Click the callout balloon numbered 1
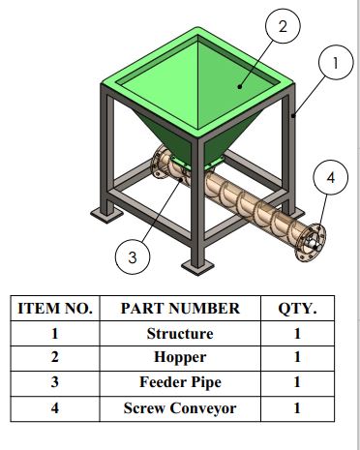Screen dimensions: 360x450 (x=336, y=62)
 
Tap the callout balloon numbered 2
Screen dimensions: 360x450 (x=283, y=26)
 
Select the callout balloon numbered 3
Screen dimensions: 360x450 (x=133, y=257)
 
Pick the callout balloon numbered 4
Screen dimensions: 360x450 (x=331, y=177)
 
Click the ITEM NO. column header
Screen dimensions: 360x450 (x=55, y=309)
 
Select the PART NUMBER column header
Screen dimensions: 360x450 (x=180, y=309)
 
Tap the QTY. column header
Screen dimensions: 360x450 (x=297, y=309)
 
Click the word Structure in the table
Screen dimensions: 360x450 (x=180, y=333)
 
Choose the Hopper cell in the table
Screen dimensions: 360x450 (x=180, y=357)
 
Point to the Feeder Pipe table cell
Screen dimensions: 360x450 (x=180, y=382)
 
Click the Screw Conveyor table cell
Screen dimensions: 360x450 (x=180, y=408)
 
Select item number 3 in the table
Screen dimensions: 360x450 (x=55, y=382)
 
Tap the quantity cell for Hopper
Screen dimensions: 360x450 (x=297, y=357)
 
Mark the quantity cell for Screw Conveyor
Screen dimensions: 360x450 (x=297, y=408)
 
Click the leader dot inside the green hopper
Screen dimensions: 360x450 (x=240, y=86)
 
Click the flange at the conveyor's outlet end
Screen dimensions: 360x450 (x=311, y=242)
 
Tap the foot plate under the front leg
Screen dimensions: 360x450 (x=197, y=267)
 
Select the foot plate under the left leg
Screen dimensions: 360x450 (x=106, y=214)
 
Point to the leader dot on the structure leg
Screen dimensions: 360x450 (x=293, y=115)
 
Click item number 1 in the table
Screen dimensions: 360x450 (x=55, y=333)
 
